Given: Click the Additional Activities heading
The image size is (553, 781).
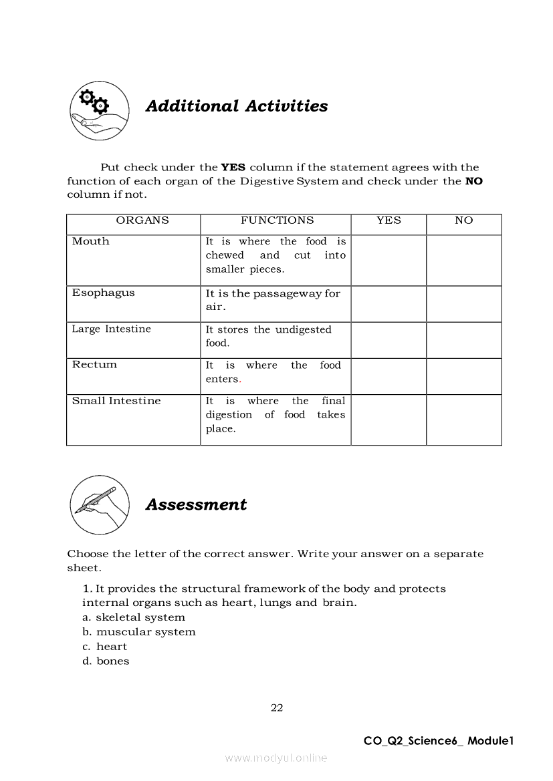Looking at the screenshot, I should pos(237,106).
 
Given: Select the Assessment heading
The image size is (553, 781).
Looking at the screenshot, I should pos(196,504).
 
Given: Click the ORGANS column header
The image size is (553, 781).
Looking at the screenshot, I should pos(142,220).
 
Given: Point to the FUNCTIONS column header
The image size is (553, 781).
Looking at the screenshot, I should pos(277,220).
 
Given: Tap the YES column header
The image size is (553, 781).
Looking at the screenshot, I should pos(389,220).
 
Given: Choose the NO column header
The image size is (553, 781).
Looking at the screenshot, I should pos(463,220).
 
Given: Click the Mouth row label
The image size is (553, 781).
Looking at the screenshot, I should pos(91,241).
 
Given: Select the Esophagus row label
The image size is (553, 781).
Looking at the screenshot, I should pos(104,293).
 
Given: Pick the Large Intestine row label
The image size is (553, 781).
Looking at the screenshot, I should pos(112,329).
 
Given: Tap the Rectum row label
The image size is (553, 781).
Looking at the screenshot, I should pos(95,365).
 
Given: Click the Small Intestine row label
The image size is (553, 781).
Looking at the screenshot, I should pos(116,401).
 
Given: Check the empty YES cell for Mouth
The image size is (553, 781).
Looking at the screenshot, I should pos(389,260).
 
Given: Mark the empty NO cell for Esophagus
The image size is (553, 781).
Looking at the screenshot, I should pos(463,304).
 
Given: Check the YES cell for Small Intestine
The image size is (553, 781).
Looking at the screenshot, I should pos(389,420).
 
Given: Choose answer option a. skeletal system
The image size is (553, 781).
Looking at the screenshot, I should pos(134,617).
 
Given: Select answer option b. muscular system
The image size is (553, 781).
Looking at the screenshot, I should pos(139,632).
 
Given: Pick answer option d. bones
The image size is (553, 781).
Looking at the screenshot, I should pos(106,661).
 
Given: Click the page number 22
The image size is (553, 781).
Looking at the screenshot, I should pos(277,708).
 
